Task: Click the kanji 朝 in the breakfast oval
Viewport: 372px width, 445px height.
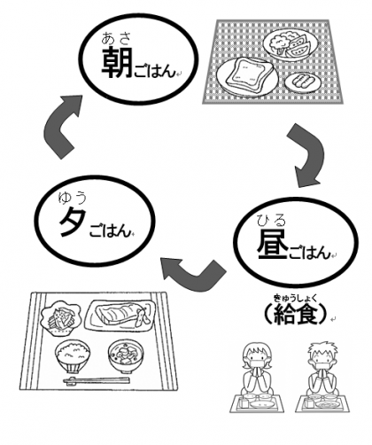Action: pyautogui.click(x=117, y=63)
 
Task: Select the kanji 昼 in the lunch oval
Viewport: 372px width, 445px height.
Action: pyautogui.click(x=272, y=244)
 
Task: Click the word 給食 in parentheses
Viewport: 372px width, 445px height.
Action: pyautogui.click(x=296, y=313)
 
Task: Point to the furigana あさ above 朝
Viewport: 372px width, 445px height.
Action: pyautogui.click(x=116, y=38)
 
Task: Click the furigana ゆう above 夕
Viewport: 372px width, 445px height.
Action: pyautogui.click(x=73, y=198)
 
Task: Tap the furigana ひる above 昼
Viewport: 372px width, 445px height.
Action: pyautogui.click(x=272, y=221)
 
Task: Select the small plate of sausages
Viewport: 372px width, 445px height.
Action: pyautogui.click(x=303, y=81)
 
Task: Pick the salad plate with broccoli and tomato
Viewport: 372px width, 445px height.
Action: pyautogui.click(x=291, y=44)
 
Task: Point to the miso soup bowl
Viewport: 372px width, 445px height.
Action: pyautogui.click(x=126, y=355)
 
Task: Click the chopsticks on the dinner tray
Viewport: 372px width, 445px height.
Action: pyautogui.click(x=97, y=381)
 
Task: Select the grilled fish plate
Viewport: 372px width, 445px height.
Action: pyautogui.click(x=120, y=316)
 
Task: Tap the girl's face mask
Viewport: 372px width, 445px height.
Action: pyautogui.click(x=255, y=363)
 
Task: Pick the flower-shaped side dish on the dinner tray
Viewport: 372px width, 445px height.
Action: pyautogui.click(x=60, y=318)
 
